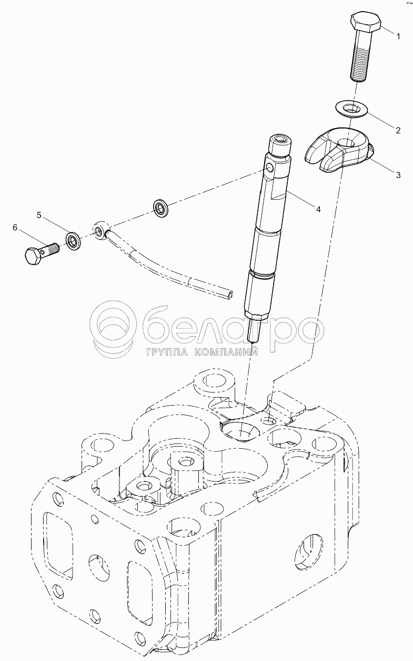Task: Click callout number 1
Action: pyautogui.click(x=398, y=36)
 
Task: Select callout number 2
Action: pyautogui.click(x=398, y=130)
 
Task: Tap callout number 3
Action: pyautogui.click(x=398, y=174)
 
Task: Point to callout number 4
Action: pyautogui.click(x=318, y=209)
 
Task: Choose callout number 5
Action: pyautogui.click(x=39, y=215)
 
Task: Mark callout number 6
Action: pyautogui.click(x=15, y=227)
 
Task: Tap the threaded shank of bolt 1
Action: pyautogui.click(x=359, y=61)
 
